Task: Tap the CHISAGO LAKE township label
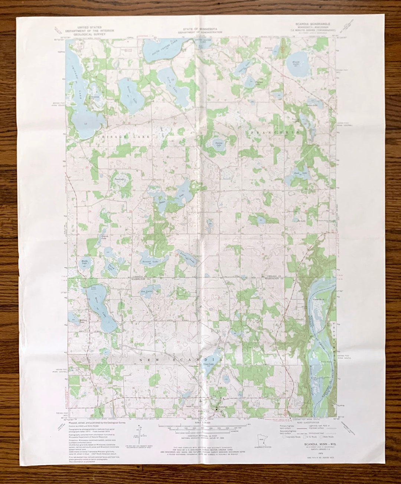click(x=124, y=137)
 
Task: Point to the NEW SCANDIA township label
click(x=182, y=360)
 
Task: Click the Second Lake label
click(x=150, y=262)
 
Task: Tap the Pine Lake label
click(x=119, y=179)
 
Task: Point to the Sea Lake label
click(x=146, y=292)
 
